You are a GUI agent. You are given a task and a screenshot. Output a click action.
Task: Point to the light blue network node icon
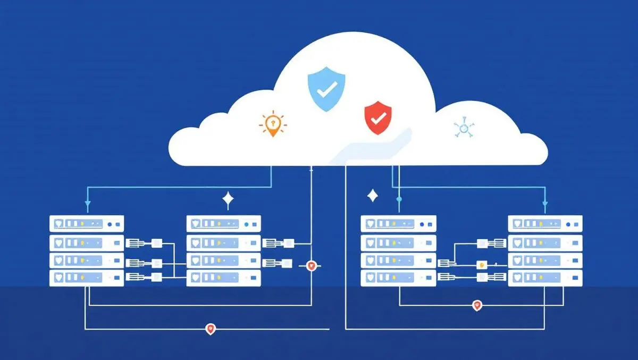click(463, 128)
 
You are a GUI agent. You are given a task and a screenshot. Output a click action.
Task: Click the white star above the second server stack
click(228, 200)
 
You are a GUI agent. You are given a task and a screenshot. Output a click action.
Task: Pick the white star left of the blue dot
click(373, 196)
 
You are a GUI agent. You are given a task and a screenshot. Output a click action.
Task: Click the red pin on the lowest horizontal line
click(211, 329)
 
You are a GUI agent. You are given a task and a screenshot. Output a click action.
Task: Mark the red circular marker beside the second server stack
click(312, 266)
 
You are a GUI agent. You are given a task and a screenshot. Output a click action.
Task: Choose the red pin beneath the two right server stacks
click(477, 305)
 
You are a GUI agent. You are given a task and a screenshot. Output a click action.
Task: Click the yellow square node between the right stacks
click(482, 264)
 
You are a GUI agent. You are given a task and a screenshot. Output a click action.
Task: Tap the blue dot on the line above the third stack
click(399, 199)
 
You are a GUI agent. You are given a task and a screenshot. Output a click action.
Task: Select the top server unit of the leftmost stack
click(87, 223)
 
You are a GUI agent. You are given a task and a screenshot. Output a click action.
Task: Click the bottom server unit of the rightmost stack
click(545, 278)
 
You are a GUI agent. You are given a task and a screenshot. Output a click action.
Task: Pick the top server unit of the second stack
click(224, 223)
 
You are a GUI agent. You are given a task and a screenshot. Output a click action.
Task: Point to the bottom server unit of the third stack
click(398, 278)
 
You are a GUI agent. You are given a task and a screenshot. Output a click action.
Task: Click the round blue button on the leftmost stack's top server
click(110, 224)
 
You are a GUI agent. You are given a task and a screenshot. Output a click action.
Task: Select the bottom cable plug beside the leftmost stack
click(134, 277)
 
